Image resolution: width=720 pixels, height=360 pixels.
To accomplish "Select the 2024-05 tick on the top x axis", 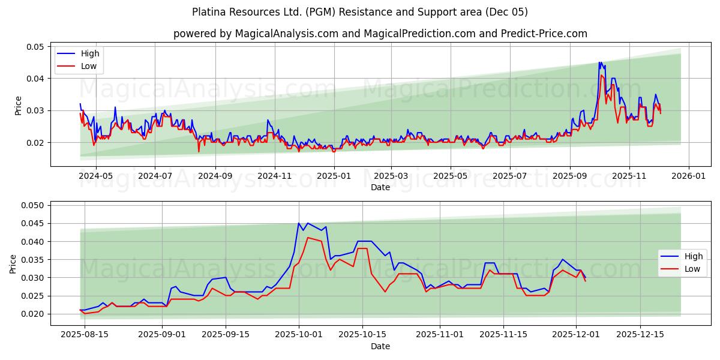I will click(96, 176).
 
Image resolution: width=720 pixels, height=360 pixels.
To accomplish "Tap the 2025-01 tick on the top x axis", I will click(333, 176).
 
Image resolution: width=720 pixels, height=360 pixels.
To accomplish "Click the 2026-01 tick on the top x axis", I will click(688, 176).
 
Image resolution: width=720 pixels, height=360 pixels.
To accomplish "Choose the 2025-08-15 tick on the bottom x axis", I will click(85, 335).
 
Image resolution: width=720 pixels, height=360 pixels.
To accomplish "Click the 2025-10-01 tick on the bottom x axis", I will click(299, 335).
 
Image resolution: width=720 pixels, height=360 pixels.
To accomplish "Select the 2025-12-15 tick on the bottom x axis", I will click(640, 335).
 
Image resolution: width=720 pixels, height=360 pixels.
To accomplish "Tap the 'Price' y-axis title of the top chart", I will click(18, 106).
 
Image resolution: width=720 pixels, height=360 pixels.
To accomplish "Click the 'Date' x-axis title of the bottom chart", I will click(380, 346).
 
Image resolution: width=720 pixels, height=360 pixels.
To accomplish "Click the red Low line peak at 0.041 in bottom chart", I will click(308, 238).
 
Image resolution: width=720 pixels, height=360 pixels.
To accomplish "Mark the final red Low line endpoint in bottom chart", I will click(586, 281).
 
